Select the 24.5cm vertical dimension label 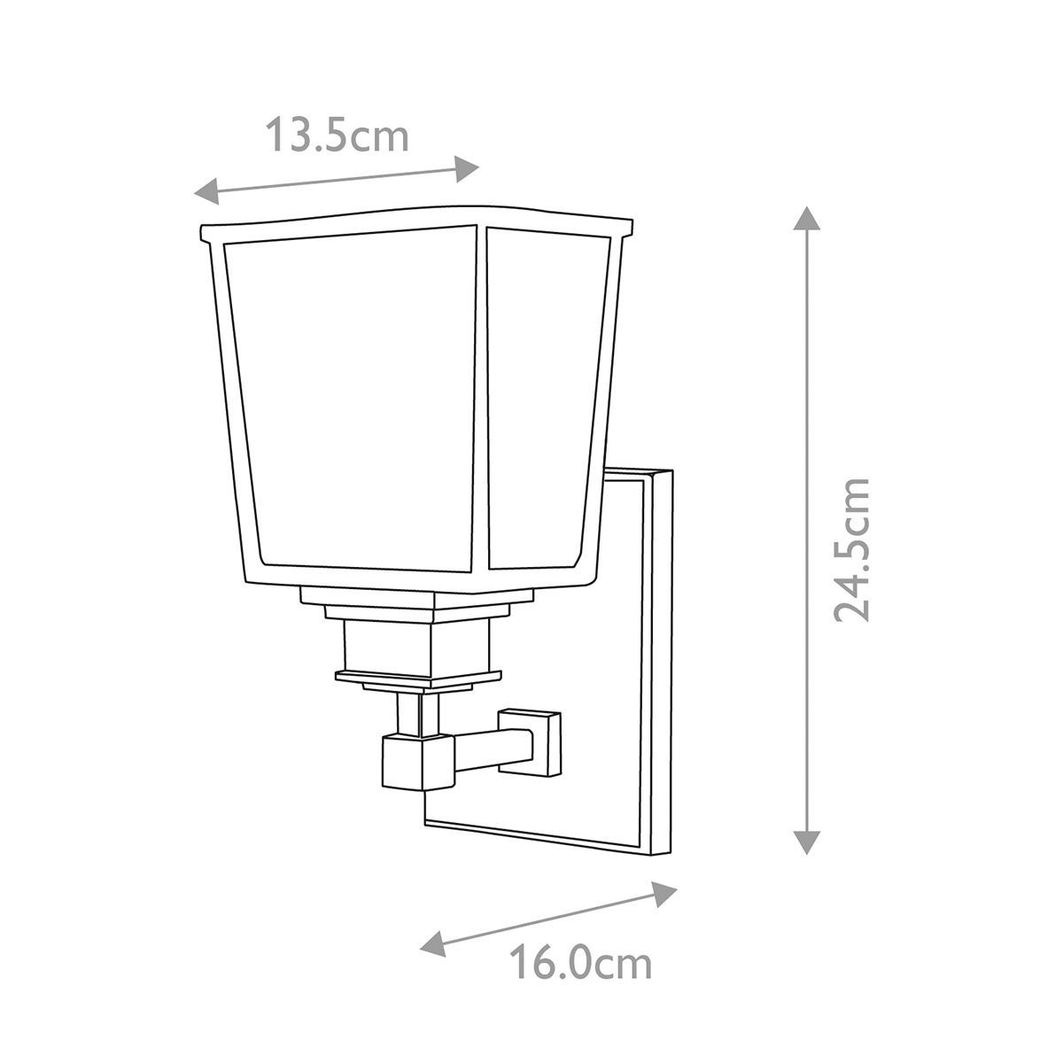(851, 549)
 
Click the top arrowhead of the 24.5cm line (805, 218)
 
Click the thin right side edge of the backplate (663, 660)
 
